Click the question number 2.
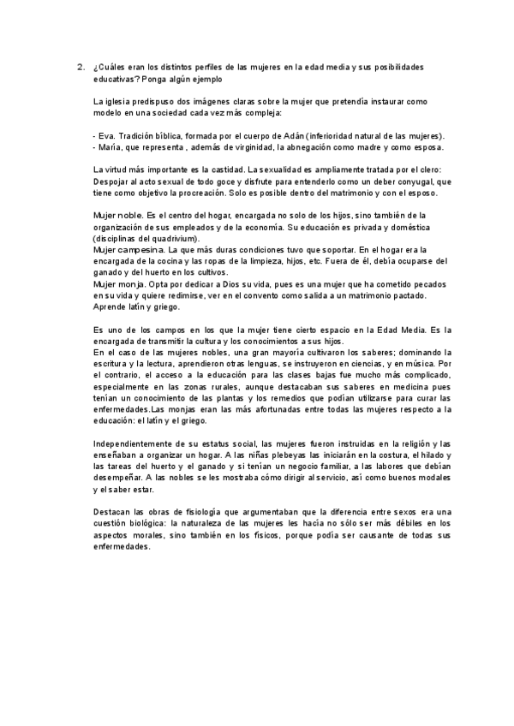[80, 67]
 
